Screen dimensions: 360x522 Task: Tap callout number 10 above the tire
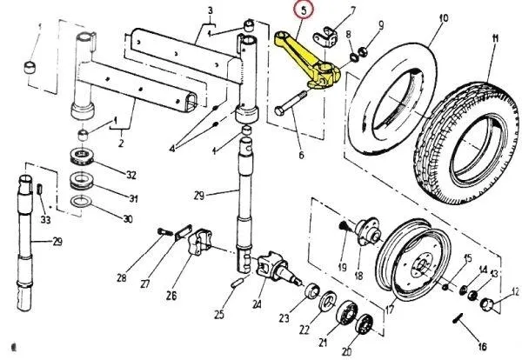(x=445, y=18)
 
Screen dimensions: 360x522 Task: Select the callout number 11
(x=494, y=38)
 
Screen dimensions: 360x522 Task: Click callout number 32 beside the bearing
(x=131, y=175)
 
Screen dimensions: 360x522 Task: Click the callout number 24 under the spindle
(x=258, y=303)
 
